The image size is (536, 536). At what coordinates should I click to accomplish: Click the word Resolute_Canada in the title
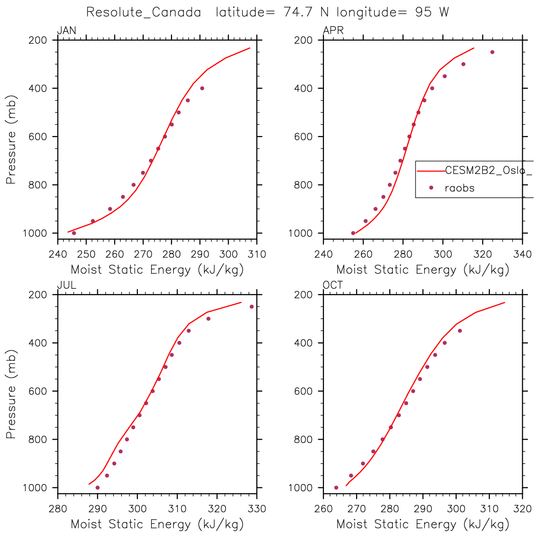[144, 12]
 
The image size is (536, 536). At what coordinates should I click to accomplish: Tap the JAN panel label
[67, 31]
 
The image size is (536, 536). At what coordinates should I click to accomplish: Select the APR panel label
[333, 31]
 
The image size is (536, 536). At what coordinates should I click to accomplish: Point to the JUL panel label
[67, 285]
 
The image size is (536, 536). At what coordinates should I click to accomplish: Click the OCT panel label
[333, 285]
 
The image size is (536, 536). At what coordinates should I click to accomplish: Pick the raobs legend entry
[459, 188]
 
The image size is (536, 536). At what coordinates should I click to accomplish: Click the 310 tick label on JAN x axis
[257, 255]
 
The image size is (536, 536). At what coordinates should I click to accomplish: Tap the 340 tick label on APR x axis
[522, 255]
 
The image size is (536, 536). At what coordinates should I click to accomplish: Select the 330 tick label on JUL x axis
[257, 509]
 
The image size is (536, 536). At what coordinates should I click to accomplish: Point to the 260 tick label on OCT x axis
[323, 509]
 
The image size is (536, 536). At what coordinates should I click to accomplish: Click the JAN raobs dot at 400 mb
[202, 88]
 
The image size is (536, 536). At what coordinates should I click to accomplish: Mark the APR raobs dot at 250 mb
[492, 52]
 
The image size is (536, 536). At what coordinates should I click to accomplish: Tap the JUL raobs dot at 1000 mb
[97, 487]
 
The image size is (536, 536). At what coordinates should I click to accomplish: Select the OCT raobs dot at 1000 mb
[336, 487]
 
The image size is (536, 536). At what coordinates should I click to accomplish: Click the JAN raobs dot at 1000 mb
[74, 233]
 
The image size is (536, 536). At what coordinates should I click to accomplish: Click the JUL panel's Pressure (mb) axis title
[11, 394]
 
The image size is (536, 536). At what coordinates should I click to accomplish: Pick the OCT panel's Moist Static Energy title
[423, 524]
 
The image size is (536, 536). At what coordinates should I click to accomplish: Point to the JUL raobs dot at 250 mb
[252, 306]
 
